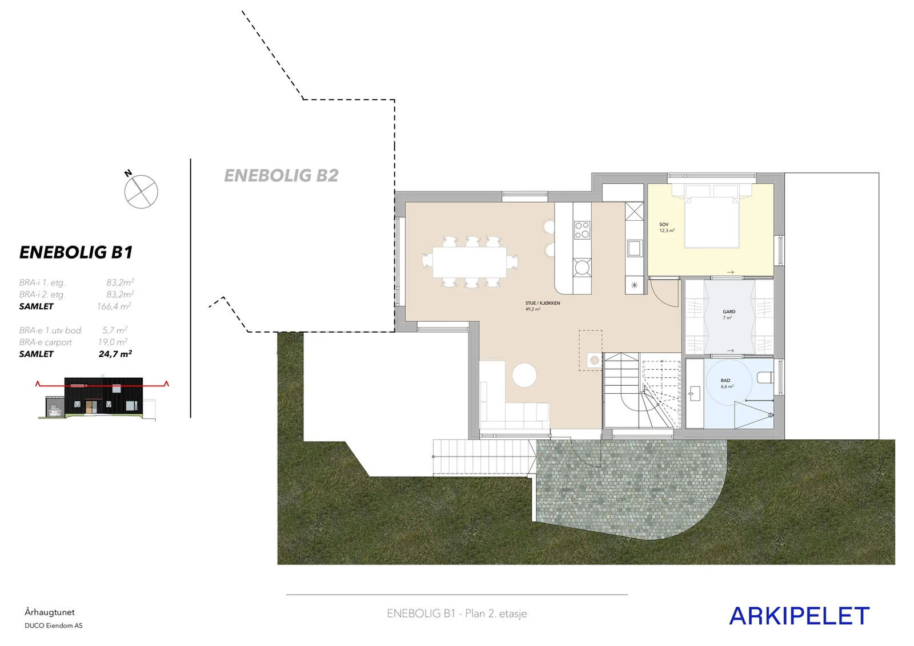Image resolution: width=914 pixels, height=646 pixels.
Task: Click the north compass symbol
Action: tap(141, 192)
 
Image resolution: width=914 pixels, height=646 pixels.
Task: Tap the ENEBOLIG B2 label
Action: tap(281, 176)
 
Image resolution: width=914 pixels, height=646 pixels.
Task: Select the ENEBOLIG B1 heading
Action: tap(76, 252)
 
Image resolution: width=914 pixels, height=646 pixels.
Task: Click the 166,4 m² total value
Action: tap(114, 306)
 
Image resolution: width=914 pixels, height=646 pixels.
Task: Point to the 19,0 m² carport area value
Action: tap(113, 342)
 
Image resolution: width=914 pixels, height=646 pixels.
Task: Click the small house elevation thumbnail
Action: tap(103, 397)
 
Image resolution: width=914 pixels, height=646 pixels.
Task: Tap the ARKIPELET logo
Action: tap(799, 616)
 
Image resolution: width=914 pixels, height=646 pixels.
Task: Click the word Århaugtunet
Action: tap(50, 612)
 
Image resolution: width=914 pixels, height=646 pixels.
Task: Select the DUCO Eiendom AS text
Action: tap(54, 625)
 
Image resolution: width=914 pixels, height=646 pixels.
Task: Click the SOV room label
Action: tap(664, 225)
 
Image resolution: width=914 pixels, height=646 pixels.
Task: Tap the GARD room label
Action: tap(729, 312)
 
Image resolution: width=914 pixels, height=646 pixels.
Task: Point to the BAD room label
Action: tap(725, 380)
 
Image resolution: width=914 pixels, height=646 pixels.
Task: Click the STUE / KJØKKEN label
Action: tap(542, 303)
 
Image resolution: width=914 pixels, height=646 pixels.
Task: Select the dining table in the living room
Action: tap(470, 262)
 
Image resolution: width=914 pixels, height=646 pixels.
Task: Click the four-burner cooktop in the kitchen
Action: tap(582, 230)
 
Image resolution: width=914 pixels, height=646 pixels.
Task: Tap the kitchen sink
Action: tap(634, 248)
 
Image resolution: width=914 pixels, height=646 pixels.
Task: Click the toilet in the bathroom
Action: tap(765, 377)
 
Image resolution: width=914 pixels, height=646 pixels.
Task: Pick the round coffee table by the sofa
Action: tap(524, 375)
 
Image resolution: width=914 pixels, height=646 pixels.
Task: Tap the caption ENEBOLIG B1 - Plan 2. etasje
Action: tap(456, 613)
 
